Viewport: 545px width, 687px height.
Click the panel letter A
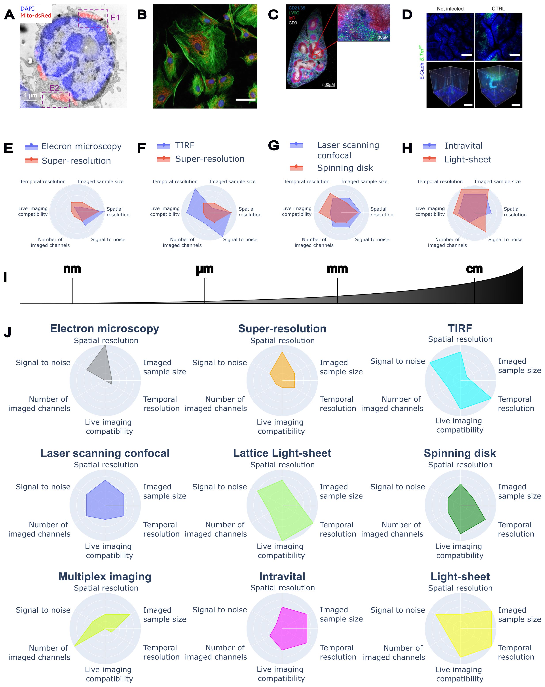click(x=9, y=15)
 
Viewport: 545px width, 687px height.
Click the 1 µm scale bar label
click(x=31, y=96)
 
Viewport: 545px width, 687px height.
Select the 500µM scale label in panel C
click(x=328, y=85)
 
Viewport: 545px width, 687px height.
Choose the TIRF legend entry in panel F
click(x=185, y=146)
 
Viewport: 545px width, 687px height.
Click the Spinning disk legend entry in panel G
click(x=345, y=168)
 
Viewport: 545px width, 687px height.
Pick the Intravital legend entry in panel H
click(x=463, y=146)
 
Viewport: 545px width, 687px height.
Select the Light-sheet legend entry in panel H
click(x=467, y=160)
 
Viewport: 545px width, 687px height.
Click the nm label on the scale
click(x=72, y=269)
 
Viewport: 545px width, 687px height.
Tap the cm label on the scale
click(x=474, y=269)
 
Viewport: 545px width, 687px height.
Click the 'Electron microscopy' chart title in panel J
click(x=104, y=328)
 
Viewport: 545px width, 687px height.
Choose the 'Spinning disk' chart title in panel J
click(x=460, y=453)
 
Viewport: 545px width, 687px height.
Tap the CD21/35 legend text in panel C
click(x=296, y=8)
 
